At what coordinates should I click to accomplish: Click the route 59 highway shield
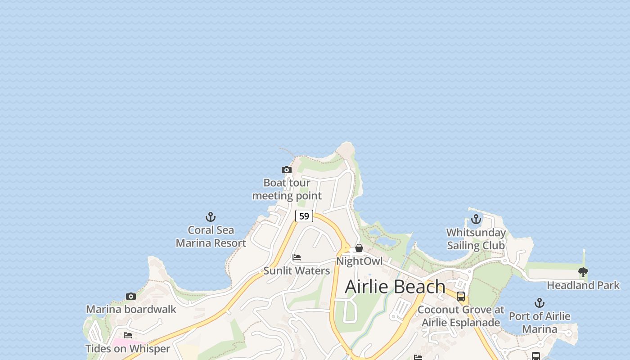304,216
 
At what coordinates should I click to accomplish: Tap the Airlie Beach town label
395,287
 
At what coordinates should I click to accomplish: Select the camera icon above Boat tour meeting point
287,170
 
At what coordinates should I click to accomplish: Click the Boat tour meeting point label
287,189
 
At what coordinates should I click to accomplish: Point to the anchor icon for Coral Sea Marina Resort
211,217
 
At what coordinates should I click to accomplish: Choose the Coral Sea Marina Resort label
211,237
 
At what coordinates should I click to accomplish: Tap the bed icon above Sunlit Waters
297,257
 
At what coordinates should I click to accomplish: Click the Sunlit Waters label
297,270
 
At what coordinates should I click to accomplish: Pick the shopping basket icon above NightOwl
359,248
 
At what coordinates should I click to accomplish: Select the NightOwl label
359,261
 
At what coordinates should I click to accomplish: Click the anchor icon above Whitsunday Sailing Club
476,220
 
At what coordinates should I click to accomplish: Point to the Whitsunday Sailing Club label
476,239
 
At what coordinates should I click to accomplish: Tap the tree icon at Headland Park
583,272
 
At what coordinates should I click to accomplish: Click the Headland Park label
583,285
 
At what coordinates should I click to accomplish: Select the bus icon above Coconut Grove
461,297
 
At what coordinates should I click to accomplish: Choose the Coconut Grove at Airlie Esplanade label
461,316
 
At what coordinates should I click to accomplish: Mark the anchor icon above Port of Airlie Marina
540,303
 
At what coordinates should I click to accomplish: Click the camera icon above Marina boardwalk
131,296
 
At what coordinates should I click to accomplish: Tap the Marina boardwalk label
131,309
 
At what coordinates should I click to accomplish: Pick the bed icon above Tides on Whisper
128,335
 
